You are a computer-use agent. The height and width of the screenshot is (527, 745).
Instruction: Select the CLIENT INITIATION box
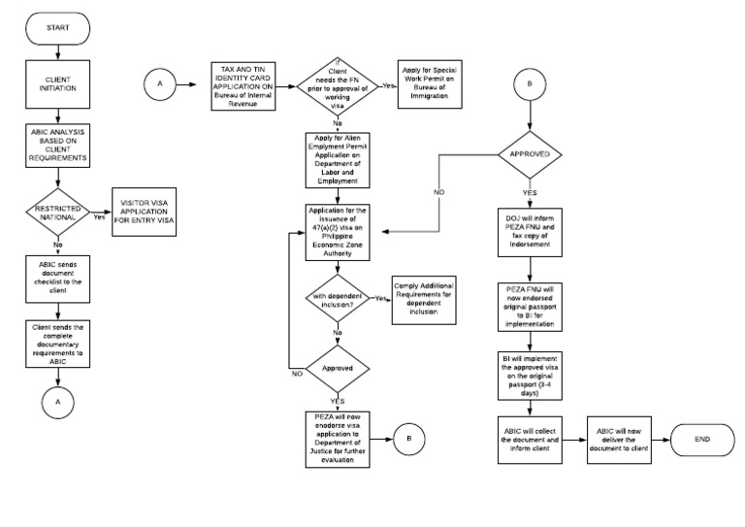pos(58,87)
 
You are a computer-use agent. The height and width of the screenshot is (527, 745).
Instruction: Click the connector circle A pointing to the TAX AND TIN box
pos(159,84)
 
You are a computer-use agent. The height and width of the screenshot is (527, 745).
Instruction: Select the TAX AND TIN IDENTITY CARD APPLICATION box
pos(249,83)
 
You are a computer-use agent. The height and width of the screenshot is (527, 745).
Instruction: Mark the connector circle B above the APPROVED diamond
pos(529,84)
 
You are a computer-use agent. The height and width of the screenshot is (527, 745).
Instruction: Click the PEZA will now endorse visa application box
pos(336,439)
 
